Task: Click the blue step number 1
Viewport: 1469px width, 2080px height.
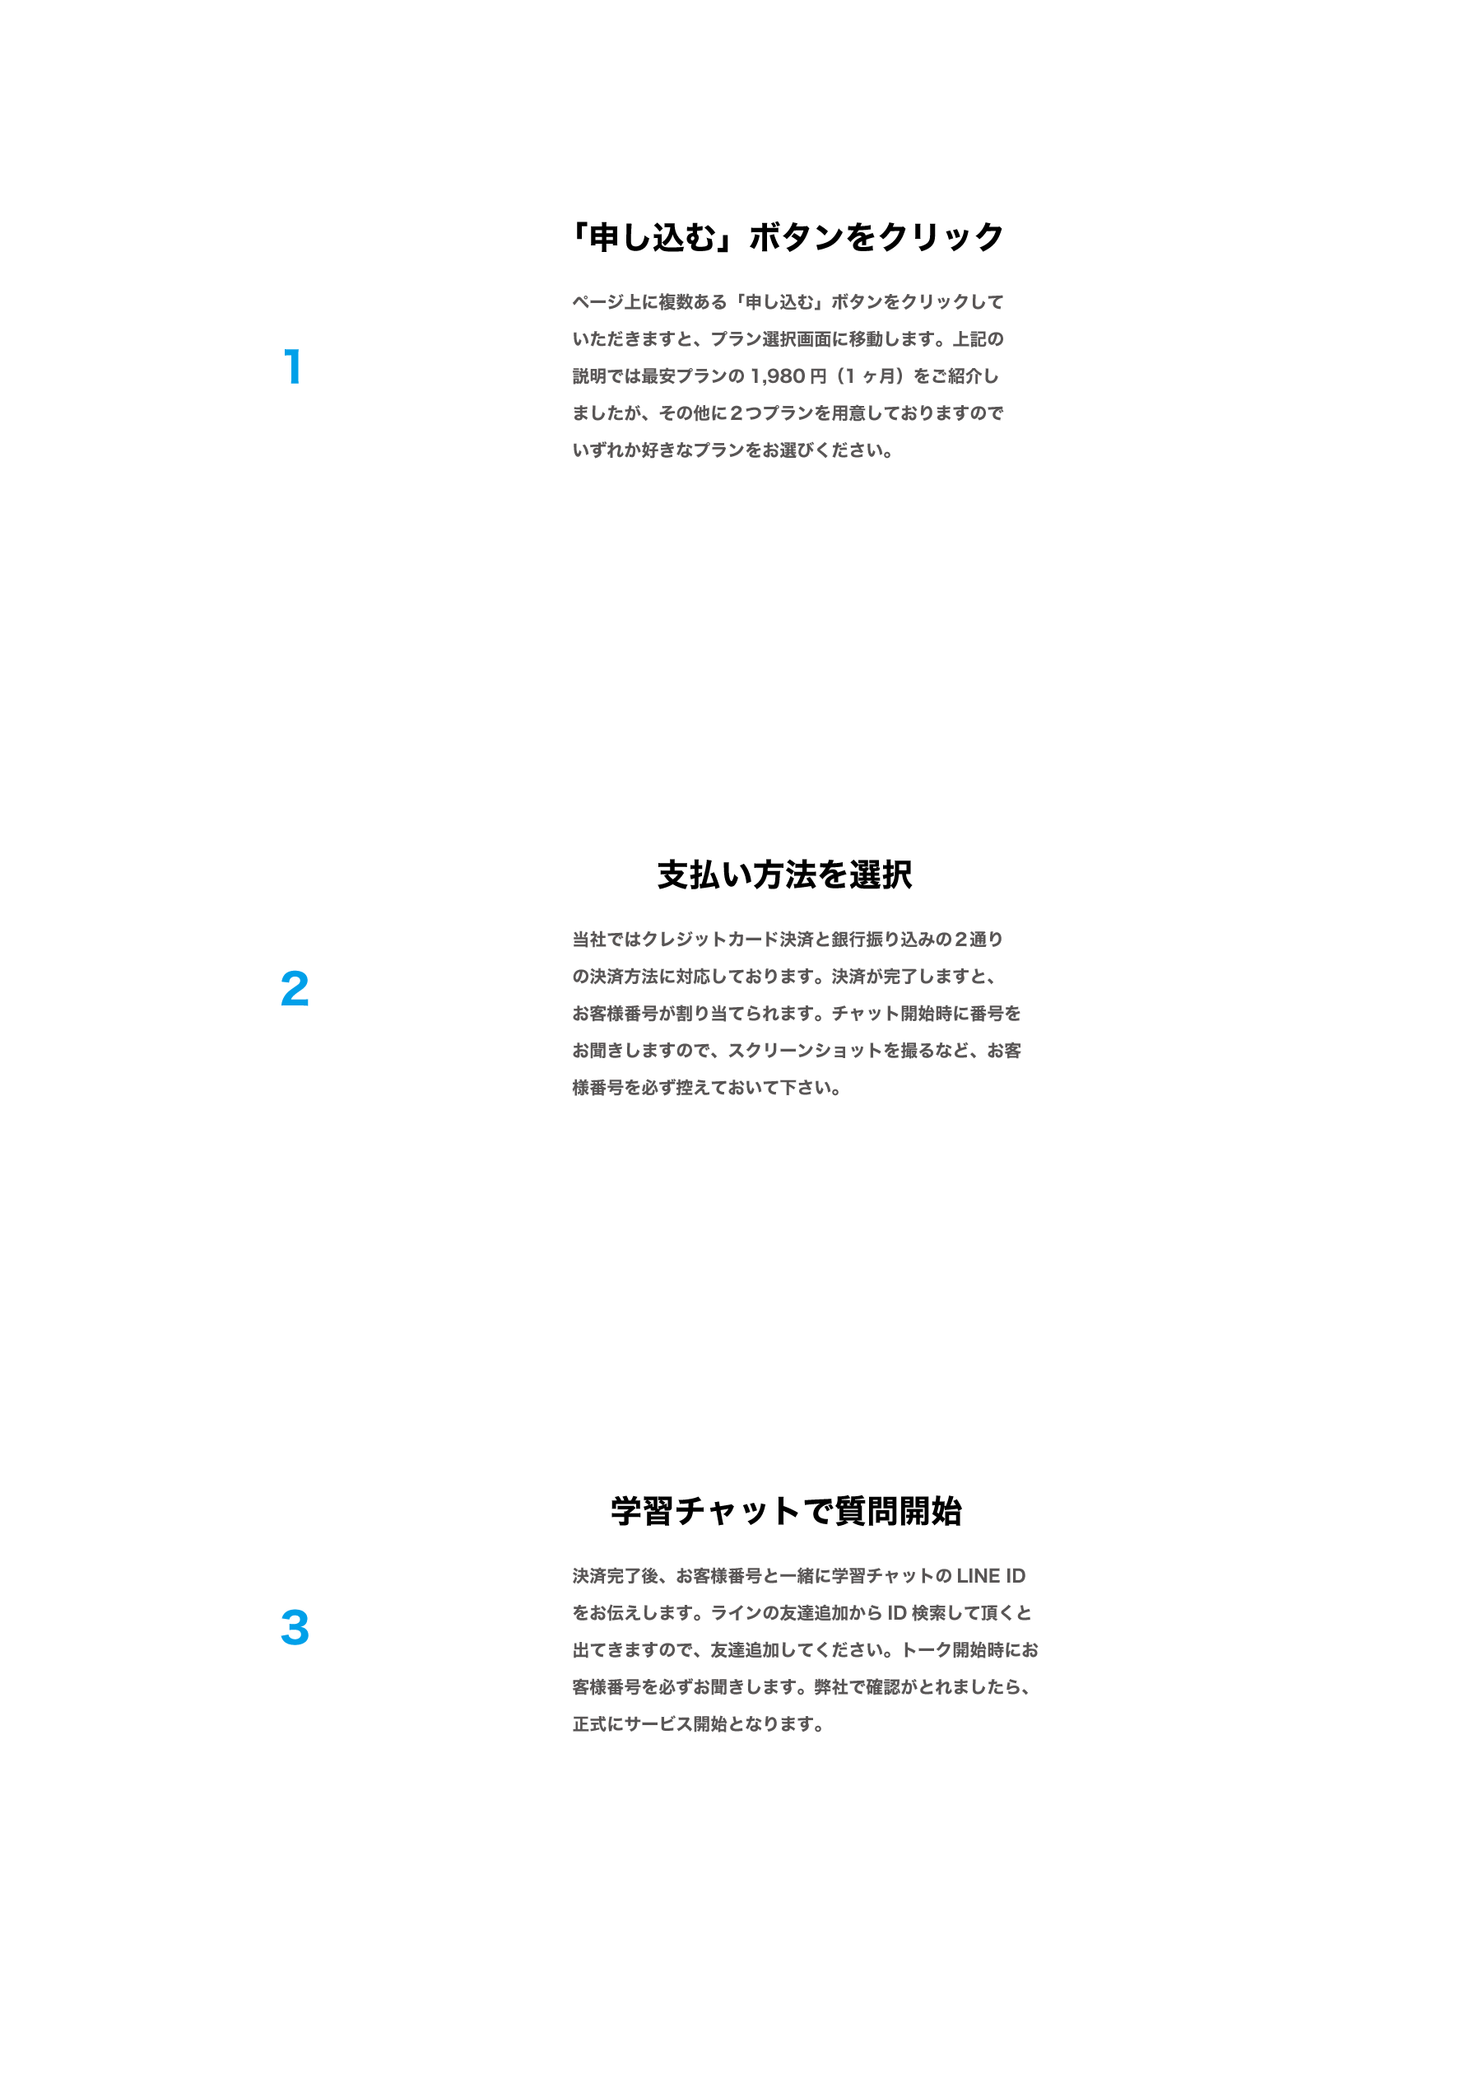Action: pos(292,367)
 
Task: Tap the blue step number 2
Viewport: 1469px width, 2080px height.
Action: pos(295,988)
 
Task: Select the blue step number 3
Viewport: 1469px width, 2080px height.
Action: pos(295,1627)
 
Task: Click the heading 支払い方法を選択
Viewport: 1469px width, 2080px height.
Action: pos(784,874)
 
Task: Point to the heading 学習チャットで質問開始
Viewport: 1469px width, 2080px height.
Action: pos(785,1511)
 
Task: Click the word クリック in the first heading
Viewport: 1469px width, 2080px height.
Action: pos(940,236)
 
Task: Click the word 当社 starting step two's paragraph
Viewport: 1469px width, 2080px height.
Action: pos(589,940)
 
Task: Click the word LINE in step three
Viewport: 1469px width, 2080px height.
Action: pos(979,1576)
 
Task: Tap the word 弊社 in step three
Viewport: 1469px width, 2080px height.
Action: pos(830,1688)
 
